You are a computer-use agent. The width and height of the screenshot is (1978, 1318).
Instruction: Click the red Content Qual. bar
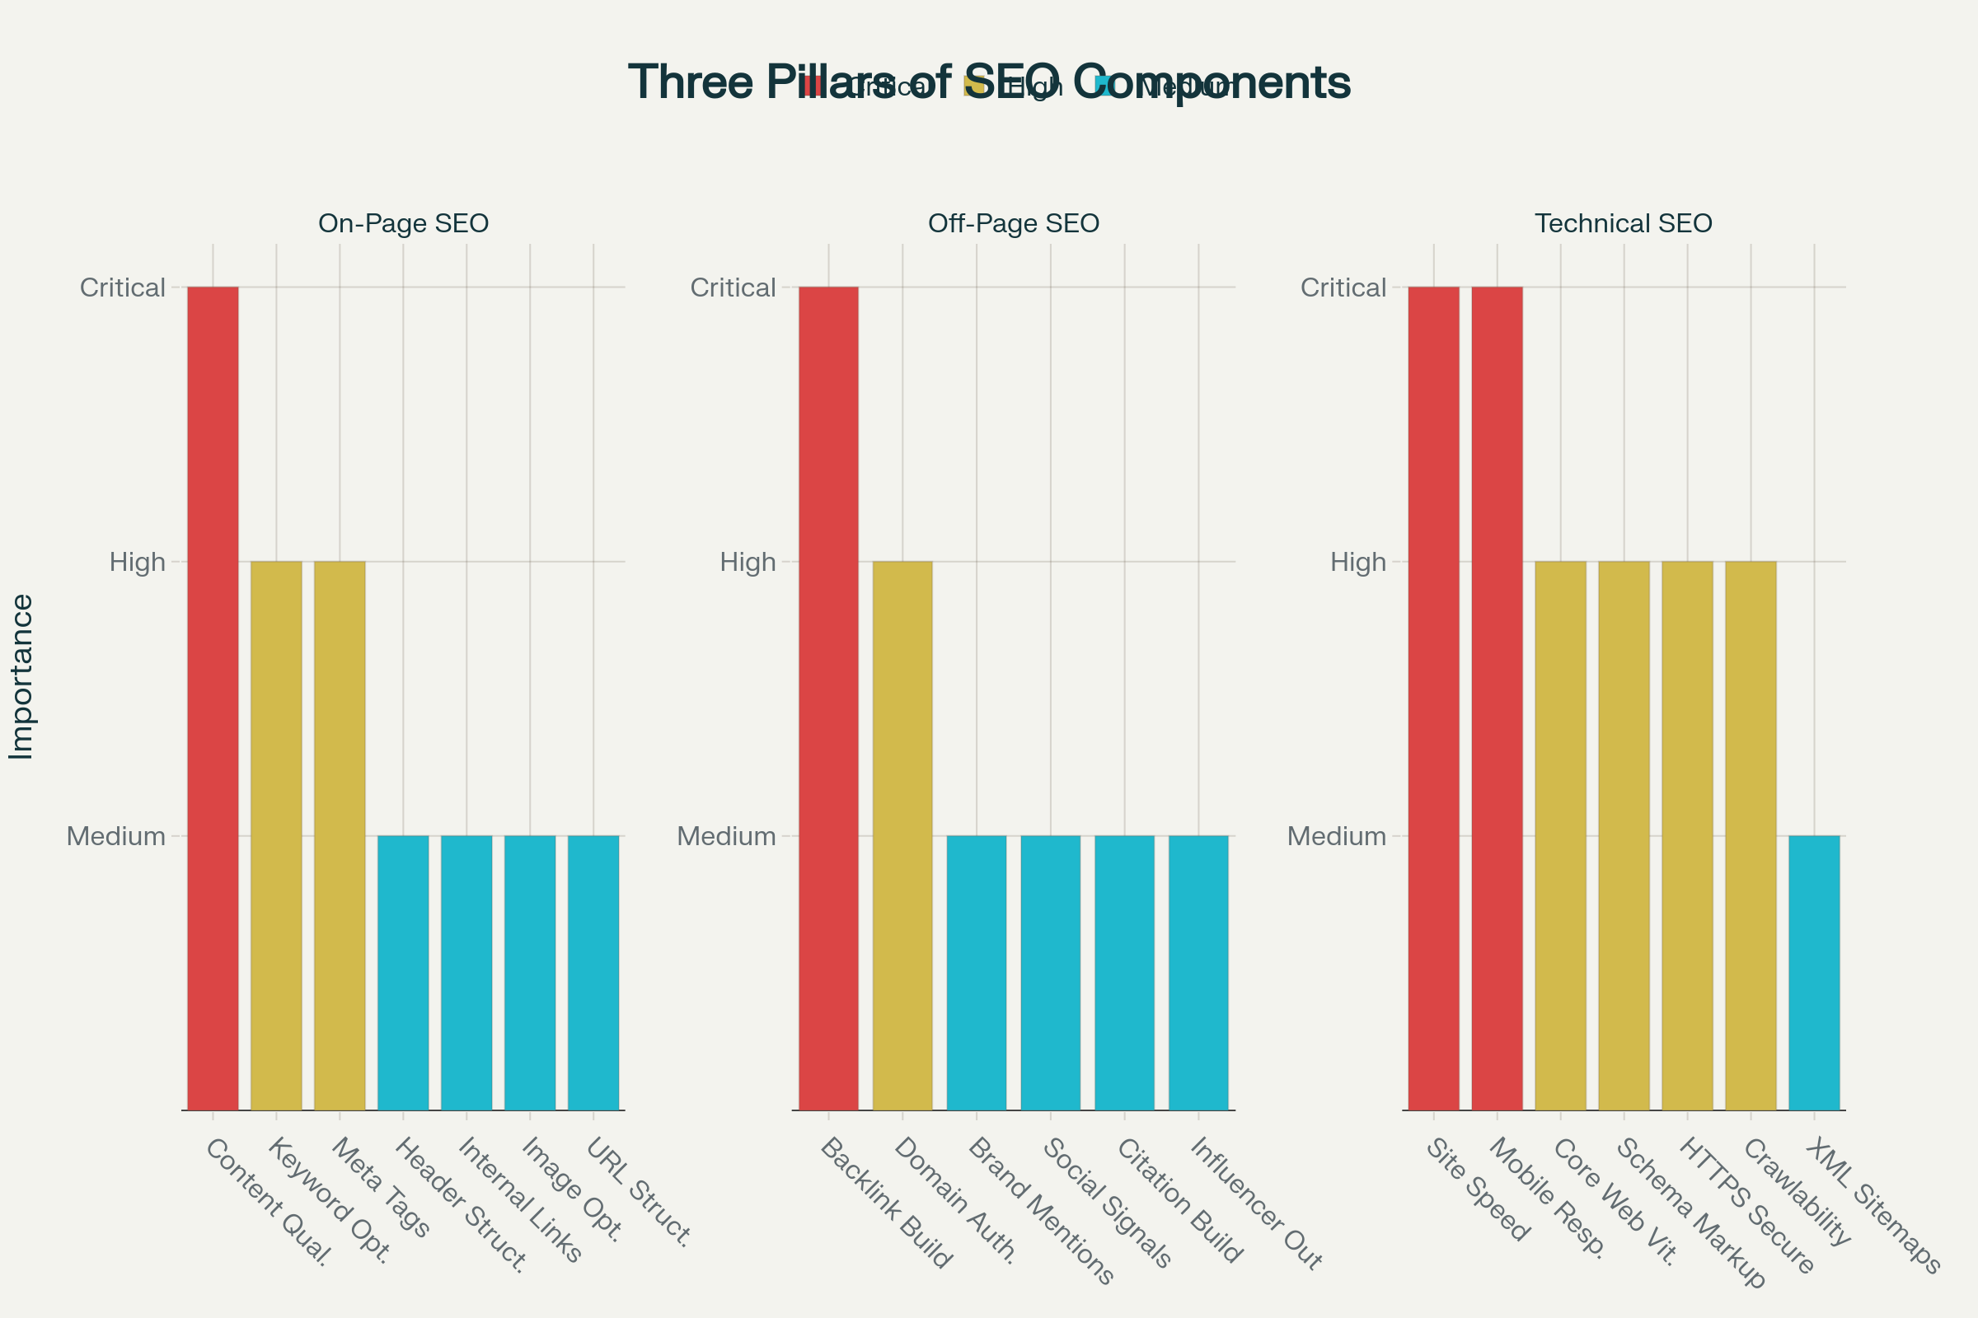pos(213,698)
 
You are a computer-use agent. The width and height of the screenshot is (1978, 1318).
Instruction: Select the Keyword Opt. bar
pos(276,835)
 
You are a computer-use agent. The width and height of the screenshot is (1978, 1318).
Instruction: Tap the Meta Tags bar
pos(340,835)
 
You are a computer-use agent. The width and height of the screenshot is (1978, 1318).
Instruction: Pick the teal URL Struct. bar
pos(593,973)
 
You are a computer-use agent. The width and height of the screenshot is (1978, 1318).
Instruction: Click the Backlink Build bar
pos(828,698)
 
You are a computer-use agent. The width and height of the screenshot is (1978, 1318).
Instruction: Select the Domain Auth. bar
pos(902,835)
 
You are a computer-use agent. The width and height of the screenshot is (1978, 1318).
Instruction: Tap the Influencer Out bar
pos(1198,973)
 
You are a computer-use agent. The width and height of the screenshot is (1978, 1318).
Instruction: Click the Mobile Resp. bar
pos(1497,698)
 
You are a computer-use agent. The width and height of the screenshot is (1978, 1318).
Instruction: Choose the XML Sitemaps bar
pos(1814,973)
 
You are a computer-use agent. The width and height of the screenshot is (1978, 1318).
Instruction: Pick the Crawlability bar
pos(1750,835)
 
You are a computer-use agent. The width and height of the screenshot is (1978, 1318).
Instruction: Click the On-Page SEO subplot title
pos(403,223)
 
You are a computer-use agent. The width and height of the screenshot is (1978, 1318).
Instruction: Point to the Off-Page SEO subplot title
pos(1014,223)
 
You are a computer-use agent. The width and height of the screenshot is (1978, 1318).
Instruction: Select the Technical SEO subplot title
pos(1623,223)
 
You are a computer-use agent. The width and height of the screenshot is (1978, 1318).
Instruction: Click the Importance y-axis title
pos(21,676)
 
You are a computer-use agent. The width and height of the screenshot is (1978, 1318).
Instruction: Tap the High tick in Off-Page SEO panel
pos(747,562)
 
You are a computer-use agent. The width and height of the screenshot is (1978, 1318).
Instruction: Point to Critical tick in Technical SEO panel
pos(1343,287)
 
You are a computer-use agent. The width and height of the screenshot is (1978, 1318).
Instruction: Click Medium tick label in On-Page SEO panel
pos(116,836)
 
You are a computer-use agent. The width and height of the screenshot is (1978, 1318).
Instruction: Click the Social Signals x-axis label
pos(1106,1203)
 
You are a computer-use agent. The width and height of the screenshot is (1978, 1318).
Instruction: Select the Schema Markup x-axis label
pos(1690,1213)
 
